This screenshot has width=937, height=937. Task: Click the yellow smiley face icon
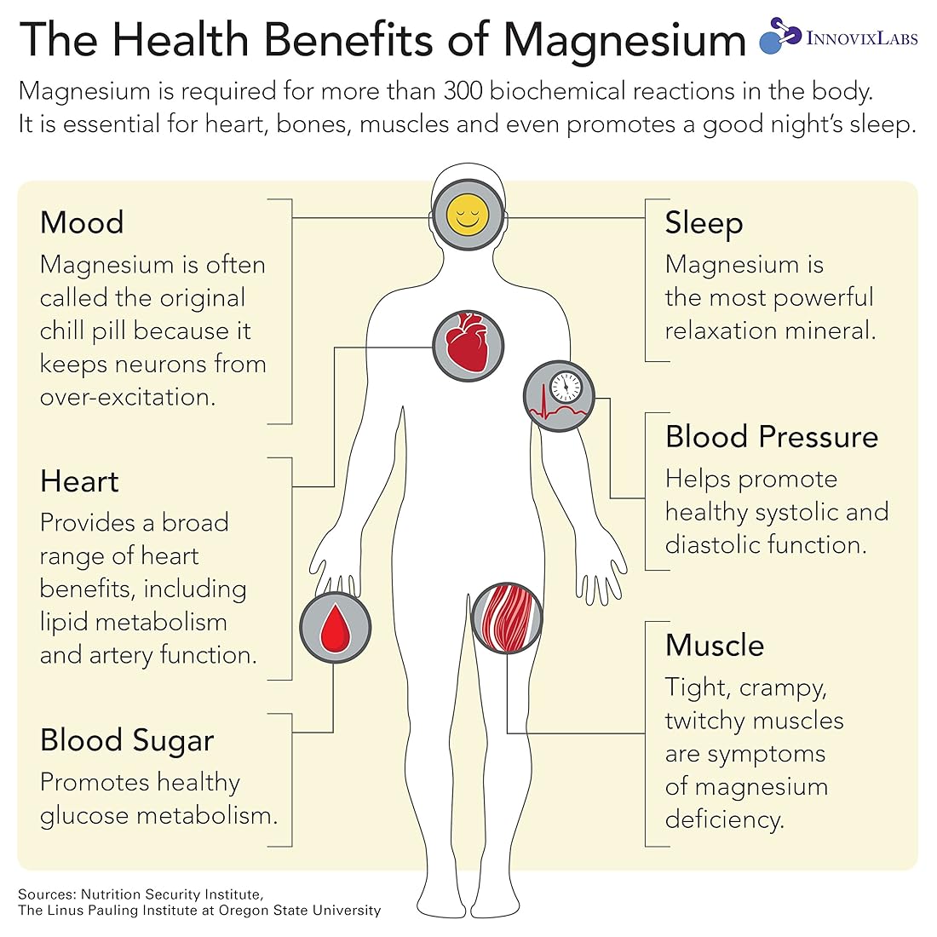pos(466,214)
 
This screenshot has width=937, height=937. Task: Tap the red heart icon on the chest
pos(468,345)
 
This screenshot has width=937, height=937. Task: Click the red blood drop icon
pos(335,627)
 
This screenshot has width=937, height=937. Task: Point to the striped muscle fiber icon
pos(507,618)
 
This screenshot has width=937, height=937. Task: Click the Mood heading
pos(82,222)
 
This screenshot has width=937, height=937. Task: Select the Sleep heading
pos(704,222)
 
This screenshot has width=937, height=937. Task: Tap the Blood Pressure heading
pos(771,436)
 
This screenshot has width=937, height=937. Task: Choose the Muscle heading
pos(714,645)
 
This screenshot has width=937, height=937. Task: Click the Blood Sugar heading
pos(127,740)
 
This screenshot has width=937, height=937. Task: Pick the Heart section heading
pos(79,481)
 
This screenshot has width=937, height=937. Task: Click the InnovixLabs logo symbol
pos(779,36)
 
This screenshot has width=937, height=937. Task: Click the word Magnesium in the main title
pos(624,39)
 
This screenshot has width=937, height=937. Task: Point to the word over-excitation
pos(127,397)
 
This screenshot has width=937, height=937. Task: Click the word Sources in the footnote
pos(45,894)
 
